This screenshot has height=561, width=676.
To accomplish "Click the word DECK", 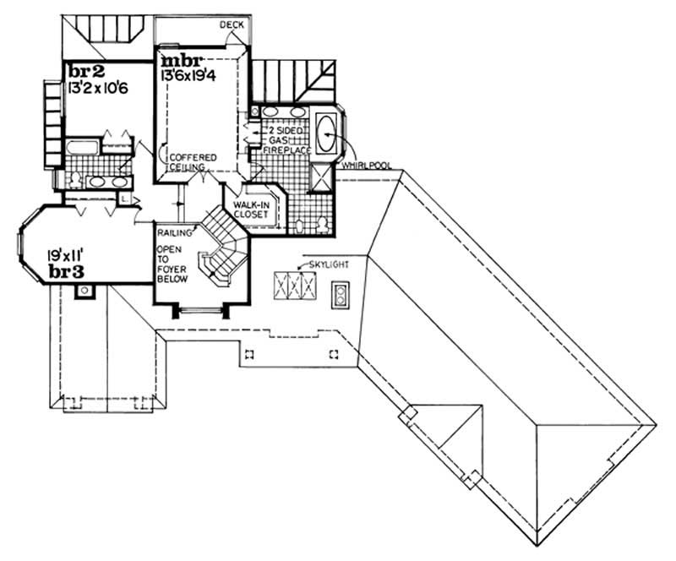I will tap(232, 25).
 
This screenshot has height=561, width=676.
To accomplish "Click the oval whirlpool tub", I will tap(326, 133).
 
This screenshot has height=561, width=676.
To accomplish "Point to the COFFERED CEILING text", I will tap(192, 163).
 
